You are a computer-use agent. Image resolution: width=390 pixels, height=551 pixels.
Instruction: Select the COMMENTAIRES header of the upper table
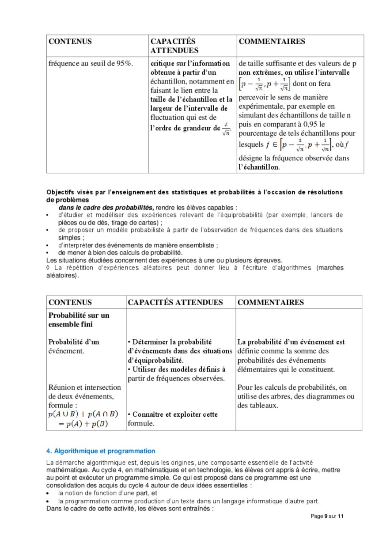(272, 42)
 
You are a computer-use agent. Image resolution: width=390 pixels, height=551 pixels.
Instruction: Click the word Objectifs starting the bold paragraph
(61, 192)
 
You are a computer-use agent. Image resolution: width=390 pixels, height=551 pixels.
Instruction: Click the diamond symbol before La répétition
(48, 268)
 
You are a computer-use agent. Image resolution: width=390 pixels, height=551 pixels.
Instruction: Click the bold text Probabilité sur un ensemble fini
(79, 320)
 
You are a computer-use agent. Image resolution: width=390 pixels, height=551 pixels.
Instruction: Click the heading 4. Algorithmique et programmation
(101, 451)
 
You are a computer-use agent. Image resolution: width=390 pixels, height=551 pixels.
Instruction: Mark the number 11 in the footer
(340, 516)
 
